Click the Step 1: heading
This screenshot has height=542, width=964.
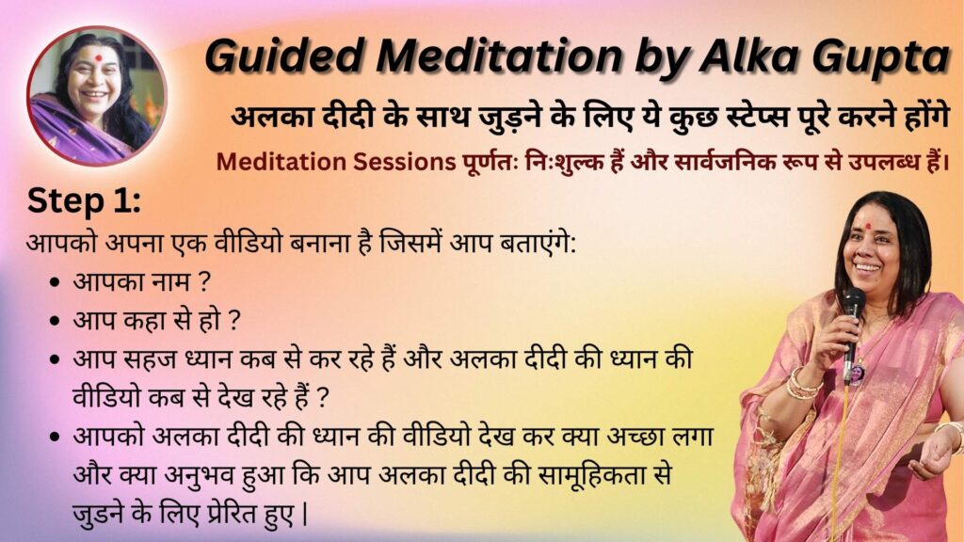pyautogui.click(x=84, y=201)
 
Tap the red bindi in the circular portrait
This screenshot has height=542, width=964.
pyautogui.click(x=97, y=58)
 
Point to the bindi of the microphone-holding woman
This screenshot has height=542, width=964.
pyautogui.click(x=867, y=226)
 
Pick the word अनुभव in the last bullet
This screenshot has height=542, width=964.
pyautogui.click(x=184, y=475)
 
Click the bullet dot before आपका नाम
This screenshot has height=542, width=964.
pyautogui.click(x=56, y=282)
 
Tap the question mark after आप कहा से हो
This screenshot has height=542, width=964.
pyautogui.click(x=233, y=320)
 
